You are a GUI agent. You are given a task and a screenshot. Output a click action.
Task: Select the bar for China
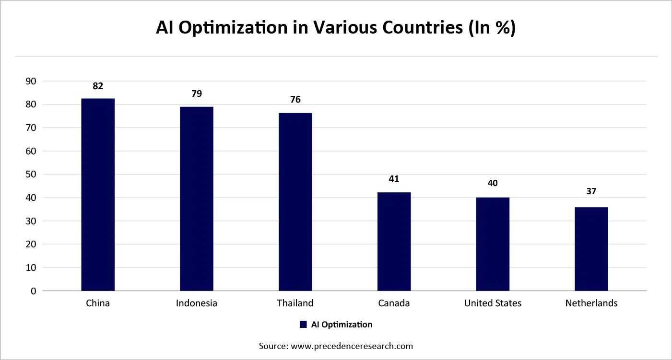point(98,195)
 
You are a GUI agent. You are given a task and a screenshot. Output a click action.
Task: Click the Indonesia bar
point(197,198)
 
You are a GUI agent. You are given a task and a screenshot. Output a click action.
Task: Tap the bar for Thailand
point(295,202)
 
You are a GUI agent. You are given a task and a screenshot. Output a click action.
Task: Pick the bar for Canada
point(394,242)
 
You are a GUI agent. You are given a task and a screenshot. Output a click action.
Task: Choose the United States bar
point(493,244)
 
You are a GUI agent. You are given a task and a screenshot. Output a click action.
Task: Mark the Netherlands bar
point(591,249)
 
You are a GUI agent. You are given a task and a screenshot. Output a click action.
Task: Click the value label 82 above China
point(98,86)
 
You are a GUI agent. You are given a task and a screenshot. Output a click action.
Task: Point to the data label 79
point(197,94)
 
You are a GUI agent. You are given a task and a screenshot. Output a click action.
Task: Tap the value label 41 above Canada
point(394,179)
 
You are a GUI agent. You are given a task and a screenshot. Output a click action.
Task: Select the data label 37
point(591,191)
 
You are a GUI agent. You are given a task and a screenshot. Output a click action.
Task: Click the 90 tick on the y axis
point(31,81)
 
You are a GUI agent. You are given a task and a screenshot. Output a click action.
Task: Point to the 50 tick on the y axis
point(31,174)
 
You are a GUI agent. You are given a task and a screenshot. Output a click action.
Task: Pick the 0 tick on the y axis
point(33,291)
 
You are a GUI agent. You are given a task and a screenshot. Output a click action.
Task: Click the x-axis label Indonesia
point(197,303)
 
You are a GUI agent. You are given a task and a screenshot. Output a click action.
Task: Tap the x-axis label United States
point(493,303)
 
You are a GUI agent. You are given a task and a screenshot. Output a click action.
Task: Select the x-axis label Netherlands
point(591,303)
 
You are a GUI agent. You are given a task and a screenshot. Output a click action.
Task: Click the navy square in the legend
point(303,325)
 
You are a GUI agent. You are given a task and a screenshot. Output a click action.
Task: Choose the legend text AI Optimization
point(342,325)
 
